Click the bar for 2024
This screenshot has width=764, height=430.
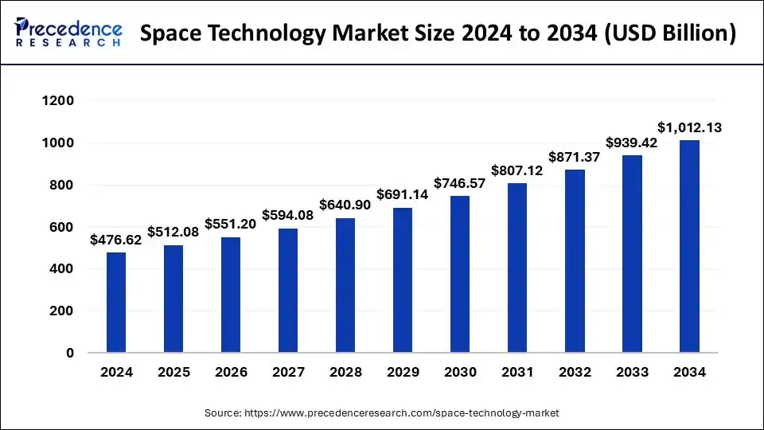[116, 303]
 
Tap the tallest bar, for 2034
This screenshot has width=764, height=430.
[689, 246]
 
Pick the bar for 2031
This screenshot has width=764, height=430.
[517, 268]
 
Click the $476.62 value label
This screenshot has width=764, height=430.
[116, 239]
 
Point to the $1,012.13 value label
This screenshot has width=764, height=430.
[689, 127]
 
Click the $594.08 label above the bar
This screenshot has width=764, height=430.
[288, 215]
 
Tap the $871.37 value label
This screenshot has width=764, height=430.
[575, 157]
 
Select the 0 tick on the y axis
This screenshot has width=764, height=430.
[70, 353]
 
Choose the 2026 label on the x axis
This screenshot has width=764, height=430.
[231, 372]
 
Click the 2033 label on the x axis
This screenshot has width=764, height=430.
[632, 372]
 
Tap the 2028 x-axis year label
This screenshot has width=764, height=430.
[345, 372]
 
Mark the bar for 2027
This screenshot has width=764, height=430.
[288, 291]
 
